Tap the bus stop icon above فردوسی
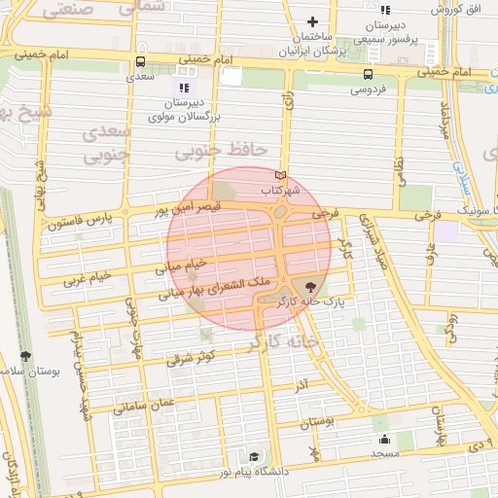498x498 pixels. pos(368,74)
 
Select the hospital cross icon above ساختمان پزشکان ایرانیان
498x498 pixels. pos(312,22)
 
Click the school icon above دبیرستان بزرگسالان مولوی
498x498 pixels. pos(183,89)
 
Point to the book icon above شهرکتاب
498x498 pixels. pos(282,174)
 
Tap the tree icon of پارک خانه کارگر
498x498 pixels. pos(310,286)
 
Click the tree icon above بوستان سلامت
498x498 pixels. pos(25,356)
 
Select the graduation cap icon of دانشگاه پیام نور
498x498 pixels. pos(254,455)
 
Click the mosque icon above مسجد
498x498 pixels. pos(384,439)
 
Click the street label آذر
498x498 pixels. pos(302,387)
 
